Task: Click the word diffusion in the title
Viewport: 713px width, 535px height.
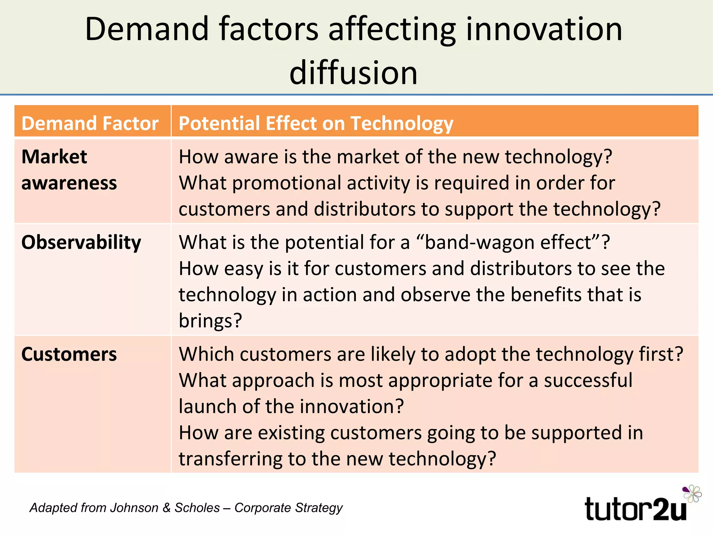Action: pyautogui.click(x=353, y=72)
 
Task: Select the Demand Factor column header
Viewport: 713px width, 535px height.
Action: pyautogui.click(x=90, y=123)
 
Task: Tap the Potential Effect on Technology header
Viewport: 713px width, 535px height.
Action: pyautogui.click(x=315, y=123)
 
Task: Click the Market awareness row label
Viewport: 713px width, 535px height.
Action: pyautogui.click(x=69, y=170)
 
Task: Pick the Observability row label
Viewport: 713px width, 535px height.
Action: pyautogui.click(x=81, y=242)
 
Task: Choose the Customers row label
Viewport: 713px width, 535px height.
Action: pyautogui.click(x=69, y=354)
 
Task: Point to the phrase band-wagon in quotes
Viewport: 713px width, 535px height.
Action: pyautogui.click(x=479, y=242)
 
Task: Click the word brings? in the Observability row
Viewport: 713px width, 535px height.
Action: pyautogui.click(x=210, y=320)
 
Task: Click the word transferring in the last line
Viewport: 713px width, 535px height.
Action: pyautogui.click(x=230, y=459)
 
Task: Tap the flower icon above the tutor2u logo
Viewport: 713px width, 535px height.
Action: pyautogui.click(x=692, y=493)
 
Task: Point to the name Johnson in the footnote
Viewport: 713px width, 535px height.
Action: pyautogui.click(x=134, y=508)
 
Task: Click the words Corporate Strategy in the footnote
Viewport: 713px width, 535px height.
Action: pyautogui.click(x=288, y=508)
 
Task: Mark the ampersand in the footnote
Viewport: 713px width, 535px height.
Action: pyautogui.click(x=166, y=508)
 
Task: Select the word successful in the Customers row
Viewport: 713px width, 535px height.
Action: pyautogui.click(x=588, y=380)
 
